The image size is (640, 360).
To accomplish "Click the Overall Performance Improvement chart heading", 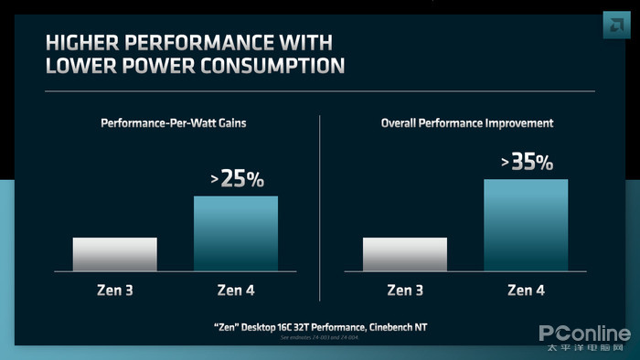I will (465, 122).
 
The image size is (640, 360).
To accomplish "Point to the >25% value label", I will (237, 179).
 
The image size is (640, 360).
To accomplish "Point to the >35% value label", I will (527, 163).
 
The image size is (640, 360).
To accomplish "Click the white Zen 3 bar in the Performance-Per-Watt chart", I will (114, 254).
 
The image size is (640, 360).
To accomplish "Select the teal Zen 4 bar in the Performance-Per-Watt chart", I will (236, 233).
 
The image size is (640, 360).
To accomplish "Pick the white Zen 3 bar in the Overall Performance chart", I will (405, 254).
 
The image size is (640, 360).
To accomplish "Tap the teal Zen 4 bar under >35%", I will (526, 224).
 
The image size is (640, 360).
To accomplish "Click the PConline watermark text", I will (583, 334).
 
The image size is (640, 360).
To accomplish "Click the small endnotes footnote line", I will (320, 338).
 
